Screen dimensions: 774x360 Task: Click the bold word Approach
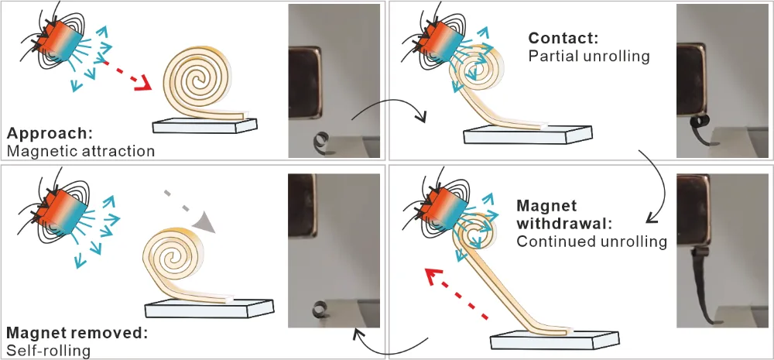(50, 134)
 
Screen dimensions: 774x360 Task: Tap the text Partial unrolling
(588, 56)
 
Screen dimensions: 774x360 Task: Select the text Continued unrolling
(592, 242)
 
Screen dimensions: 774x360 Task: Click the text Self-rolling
(49, 350)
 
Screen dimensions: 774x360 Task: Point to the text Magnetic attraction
(81, 151)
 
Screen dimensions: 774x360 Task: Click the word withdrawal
(564, 223)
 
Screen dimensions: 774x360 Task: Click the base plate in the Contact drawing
(528, 134)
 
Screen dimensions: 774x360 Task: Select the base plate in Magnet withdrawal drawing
(554, 339)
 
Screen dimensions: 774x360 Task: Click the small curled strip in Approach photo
(321, 142)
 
